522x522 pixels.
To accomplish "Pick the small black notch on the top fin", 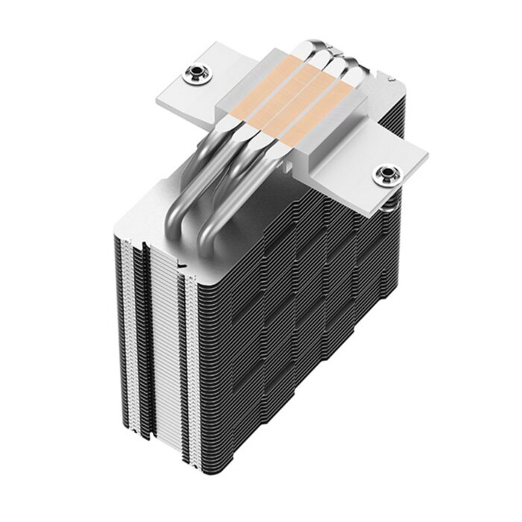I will tap(181, 263).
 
